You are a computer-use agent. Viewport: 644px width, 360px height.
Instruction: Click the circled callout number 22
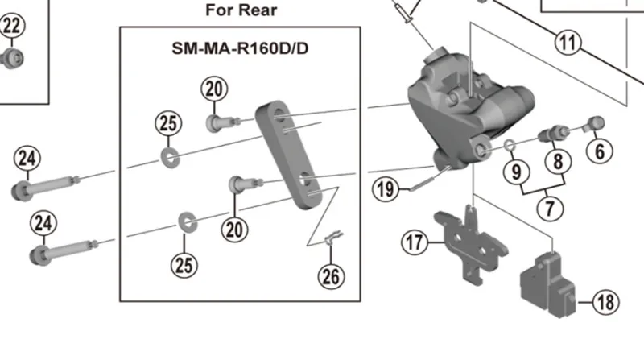(12, 26)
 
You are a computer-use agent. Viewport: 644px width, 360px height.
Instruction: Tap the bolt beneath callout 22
(11, 58)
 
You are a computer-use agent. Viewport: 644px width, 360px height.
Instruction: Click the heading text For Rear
(241, 10)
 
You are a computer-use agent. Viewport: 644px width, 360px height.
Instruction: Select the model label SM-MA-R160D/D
(240, 48)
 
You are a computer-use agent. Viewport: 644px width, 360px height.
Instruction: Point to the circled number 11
(568, 43)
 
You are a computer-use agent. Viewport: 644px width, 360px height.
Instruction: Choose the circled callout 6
(600, 151)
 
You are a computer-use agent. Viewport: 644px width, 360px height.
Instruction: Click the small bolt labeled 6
(594, 124)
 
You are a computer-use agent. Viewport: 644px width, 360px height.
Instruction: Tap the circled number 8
(558, 161)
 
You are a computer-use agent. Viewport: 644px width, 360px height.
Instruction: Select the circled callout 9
(517, 172)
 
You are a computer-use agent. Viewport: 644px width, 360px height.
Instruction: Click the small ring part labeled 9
(510, 145)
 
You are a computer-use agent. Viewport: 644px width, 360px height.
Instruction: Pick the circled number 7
(550, 208)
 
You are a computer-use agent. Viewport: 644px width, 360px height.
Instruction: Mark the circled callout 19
(386, 189)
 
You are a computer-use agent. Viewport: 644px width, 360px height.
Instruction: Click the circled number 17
(415, 242)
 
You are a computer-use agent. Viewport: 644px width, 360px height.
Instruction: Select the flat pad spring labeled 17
(471, 245)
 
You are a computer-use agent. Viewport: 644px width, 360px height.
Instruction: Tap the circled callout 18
(606, 303)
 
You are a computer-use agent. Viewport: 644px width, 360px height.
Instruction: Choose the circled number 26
(332, 276)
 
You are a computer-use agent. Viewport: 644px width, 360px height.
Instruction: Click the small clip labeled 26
(333, 238)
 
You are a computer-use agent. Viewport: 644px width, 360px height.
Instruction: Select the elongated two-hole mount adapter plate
(288, 155)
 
